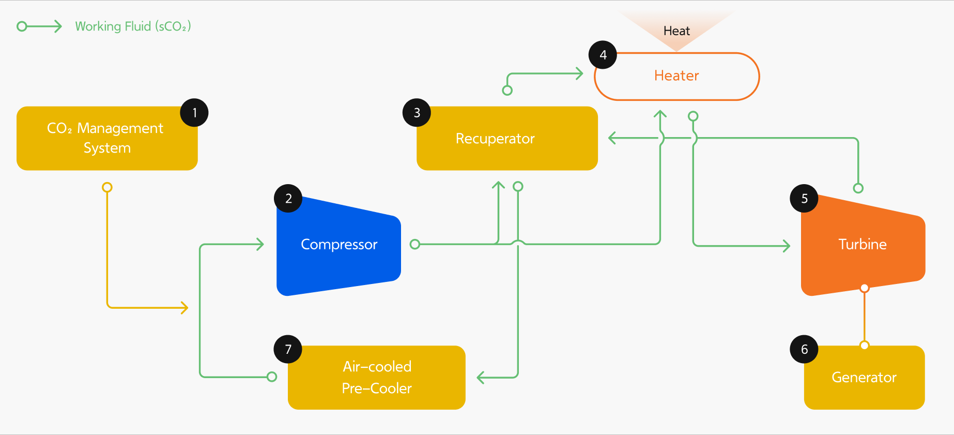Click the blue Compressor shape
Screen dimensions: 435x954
tap(338, 245)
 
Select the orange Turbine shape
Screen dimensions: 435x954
tap(862, 245)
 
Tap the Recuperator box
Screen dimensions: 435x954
tap(506, 139)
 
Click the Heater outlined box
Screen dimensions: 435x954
tap(676, 76)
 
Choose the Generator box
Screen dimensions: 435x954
tap(864, 378)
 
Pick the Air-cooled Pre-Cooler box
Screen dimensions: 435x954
tap(376, 378)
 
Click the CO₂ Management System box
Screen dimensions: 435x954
tap(106, 139)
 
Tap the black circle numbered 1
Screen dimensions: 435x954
tap(194, 113)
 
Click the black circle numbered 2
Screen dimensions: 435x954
tap(288, 199)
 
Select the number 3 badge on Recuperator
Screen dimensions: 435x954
tap(417, 113)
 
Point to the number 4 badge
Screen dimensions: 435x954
tap(603, 55)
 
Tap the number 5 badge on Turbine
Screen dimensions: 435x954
tap(804, 199)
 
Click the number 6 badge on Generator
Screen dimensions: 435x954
tap(804, 349)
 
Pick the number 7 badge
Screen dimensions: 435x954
tap(288, 349)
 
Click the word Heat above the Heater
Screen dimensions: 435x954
tap(676, 31)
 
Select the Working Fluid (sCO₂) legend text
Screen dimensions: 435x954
tap(133, 26)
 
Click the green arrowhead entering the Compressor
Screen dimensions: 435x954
tap(260, 244)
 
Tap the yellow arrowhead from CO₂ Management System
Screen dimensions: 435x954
tap(184, 308)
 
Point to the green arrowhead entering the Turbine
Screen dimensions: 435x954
tap(787, 246)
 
